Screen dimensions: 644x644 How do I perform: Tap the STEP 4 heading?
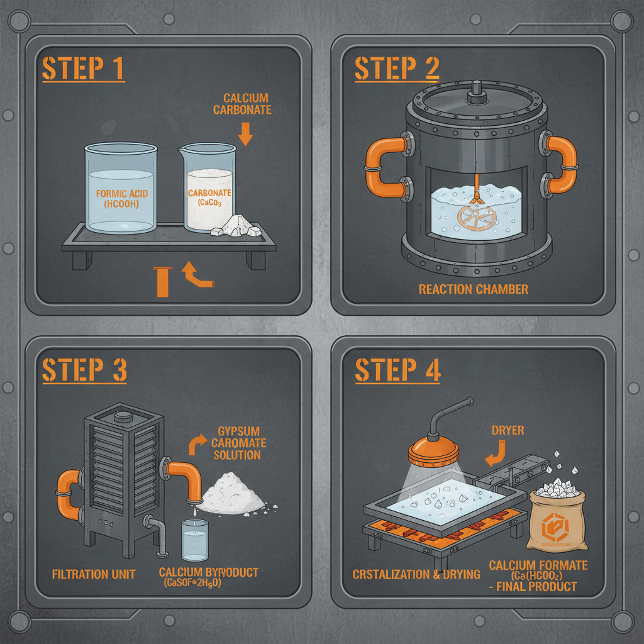pyautogui.click(x=397, y=370)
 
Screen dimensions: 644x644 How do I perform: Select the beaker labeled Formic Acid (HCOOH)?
pyautogui.click(x=120, y=190)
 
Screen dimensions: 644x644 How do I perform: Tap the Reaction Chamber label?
pyautogui.click(x=473, y=289)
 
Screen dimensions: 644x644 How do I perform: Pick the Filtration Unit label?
pyautogui.click(x=94, y=574)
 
